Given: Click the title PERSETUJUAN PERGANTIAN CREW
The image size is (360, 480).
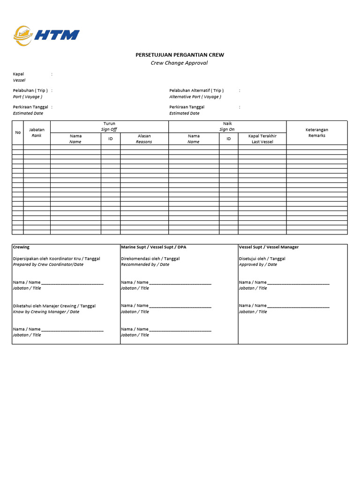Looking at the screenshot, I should click(180, 55).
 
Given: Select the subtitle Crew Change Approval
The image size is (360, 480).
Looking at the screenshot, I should click(179, 63).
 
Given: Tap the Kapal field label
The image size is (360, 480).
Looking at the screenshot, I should click(18, 74).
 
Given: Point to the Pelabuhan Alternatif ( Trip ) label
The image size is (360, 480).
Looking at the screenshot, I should click(196, 90).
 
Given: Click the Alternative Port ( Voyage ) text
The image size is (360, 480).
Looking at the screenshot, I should click(195, 97).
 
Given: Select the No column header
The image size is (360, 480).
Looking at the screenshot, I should click(18, 133).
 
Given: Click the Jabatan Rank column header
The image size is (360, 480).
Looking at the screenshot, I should click(37, 133).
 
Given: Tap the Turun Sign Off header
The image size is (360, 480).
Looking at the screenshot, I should click(109, 127).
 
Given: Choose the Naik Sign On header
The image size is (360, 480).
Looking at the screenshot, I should click(227, 127).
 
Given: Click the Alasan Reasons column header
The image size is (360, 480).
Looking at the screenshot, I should click(144, 139).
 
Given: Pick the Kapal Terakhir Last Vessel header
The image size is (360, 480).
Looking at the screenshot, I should click(262, 139).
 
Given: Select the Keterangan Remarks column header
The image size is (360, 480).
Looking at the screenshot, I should click(317, 133).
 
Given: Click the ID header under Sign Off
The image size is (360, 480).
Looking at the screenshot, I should click(111, 139).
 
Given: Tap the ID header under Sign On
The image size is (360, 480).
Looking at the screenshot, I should click(229, 139).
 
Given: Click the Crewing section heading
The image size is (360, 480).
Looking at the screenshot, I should click(21, 247).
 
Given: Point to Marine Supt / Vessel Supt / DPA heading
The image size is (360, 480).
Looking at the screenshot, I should click(154, 247).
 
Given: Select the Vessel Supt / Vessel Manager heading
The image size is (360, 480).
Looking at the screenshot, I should click(269, 247).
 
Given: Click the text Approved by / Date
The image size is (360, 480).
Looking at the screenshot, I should click(258, 264).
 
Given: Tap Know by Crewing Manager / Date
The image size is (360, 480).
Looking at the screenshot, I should click(46, 312).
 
